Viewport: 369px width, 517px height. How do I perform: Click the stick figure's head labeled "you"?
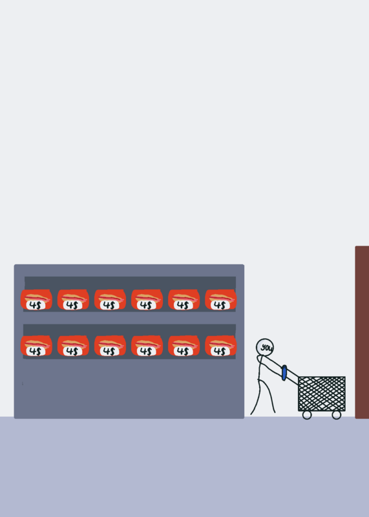[x=264, y=348]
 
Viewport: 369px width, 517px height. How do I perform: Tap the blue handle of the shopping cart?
[x=284, y=373]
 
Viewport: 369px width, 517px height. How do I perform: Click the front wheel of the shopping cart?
[x=336, y=415]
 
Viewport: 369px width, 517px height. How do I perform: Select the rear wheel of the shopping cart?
[x=307, y=415]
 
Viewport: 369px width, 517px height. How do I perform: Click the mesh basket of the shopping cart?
[x=322, y=394]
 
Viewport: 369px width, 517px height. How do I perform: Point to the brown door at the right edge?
[x=362, y=332]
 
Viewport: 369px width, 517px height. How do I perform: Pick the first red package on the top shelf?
[x=36, y=299]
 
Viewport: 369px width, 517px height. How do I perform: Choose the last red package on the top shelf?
[x=220, y=299]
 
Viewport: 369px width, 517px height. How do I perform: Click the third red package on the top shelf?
[x=110, y=299]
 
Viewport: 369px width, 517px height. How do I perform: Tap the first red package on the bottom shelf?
[x=36, y=346]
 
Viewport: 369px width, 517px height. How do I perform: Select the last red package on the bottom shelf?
[x=220, y=346]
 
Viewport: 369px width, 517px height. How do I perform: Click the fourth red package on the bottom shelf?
[x=147, y=346]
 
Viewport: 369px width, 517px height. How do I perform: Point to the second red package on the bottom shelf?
[x=73, y=346]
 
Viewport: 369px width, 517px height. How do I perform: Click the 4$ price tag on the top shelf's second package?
[x=72, y=305]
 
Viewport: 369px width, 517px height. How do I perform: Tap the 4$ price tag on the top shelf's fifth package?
[x=184, y=305]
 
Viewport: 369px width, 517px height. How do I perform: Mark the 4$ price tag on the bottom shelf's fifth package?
[x=184, y=351]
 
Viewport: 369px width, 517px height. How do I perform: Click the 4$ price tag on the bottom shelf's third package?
[x=109, y=351]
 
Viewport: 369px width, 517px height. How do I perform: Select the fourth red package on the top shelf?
[x=147, y=299]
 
